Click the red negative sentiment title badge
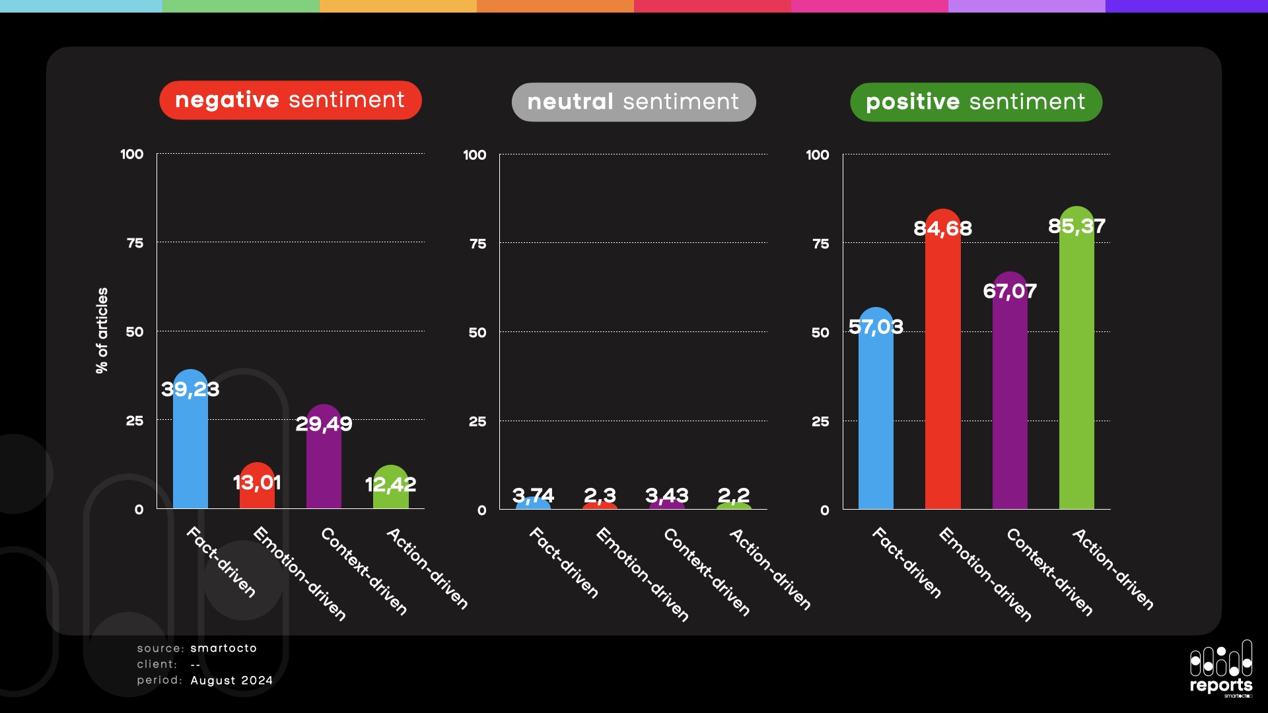290,100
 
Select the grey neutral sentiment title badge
633,102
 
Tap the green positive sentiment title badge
975,102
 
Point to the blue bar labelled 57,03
876,423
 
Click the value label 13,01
257,483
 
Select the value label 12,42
390,485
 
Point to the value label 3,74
533,495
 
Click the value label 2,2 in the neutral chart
734,495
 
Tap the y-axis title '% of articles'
102,331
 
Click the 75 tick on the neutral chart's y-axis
477,244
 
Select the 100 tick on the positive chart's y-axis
817,155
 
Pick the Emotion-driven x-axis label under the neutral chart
643,574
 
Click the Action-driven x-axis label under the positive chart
1113,568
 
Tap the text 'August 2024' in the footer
232,681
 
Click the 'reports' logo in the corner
1221,668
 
